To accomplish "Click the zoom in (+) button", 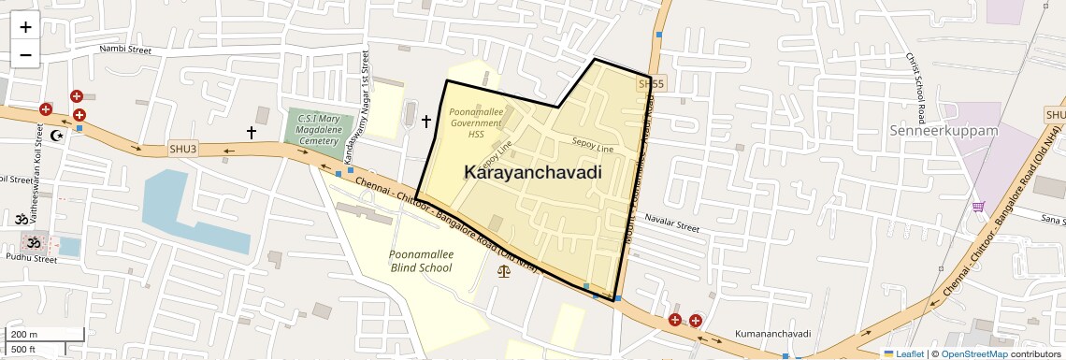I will (x=25, y=27).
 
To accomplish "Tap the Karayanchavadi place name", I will (x=532, y=173).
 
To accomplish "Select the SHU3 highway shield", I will (x=183, y=149).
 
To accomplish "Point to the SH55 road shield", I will (x=651, y=84).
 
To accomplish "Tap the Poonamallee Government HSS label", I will (x=476, y=122).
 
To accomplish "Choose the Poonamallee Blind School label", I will (x=420, y=261).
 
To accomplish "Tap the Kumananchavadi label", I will (x=772, y=334).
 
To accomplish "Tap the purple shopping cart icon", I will (x=978, y=207).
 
